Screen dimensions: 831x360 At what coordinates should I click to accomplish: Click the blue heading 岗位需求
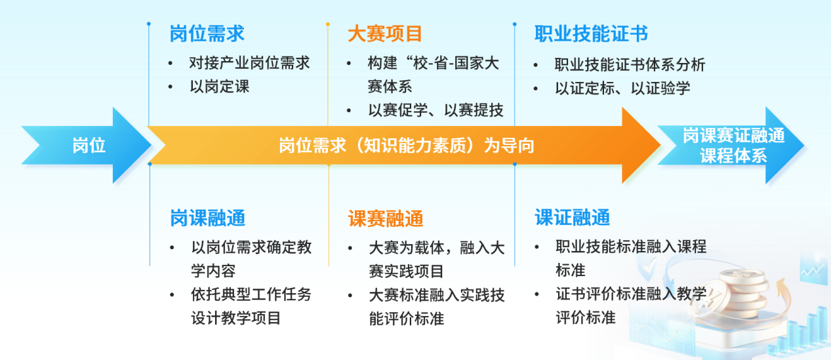coord(207,33)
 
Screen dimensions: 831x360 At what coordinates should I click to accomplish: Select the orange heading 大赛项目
coord(385,33)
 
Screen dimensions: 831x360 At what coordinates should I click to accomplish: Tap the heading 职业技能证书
coord(591,33)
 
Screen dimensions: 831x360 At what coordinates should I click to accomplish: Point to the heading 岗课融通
coord(207,218)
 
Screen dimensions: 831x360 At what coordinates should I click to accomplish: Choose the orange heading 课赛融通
coord(386,218)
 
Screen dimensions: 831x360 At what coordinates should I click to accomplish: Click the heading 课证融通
coord(573,217)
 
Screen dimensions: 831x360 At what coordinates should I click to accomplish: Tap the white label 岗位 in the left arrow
coord(89,145)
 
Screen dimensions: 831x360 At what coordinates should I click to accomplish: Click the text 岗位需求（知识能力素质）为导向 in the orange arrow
coord(406,146)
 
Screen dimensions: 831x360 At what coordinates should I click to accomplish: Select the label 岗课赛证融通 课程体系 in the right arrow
coord(733,146)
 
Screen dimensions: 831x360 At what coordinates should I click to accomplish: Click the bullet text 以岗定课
coord(220,87)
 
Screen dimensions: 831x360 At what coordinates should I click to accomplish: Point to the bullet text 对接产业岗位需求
coord(249,63)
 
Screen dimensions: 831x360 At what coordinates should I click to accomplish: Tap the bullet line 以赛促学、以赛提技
coord(436,110)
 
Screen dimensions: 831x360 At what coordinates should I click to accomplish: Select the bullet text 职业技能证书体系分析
coord(630,64)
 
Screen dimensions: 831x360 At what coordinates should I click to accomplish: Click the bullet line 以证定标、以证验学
coord(622,89)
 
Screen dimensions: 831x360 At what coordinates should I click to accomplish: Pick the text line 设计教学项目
coord(235,318)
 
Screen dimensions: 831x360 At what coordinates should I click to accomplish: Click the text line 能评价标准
coord(406,319)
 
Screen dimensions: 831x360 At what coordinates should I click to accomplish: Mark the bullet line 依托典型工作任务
coord(251,294)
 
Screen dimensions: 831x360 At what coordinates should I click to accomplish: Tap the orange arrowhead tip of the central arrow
coord(660,145)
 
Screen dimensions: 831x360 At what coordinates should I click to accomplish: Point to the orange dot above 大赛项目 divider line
coord(327,24)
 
